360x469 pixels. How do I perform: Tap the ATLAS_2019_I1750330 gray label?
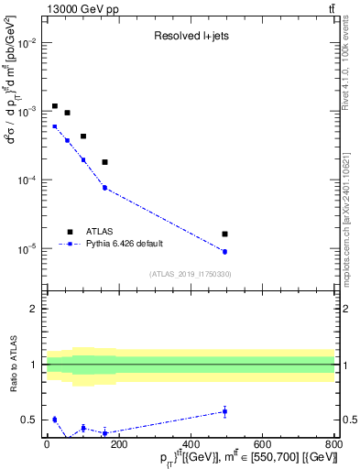pos(190,274)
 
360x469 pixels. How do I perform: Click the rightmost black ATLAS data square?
pos(224,234)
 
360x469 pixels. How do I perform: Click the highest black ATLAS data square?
pos(55,106)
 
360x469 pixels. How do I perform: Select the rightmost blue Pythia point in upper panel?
pos(224,251)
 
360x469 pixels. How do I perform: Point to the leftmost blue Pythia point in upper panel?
pos(55,126)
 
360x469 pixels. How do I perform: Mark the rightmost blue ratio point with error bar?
pos(224,411)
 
